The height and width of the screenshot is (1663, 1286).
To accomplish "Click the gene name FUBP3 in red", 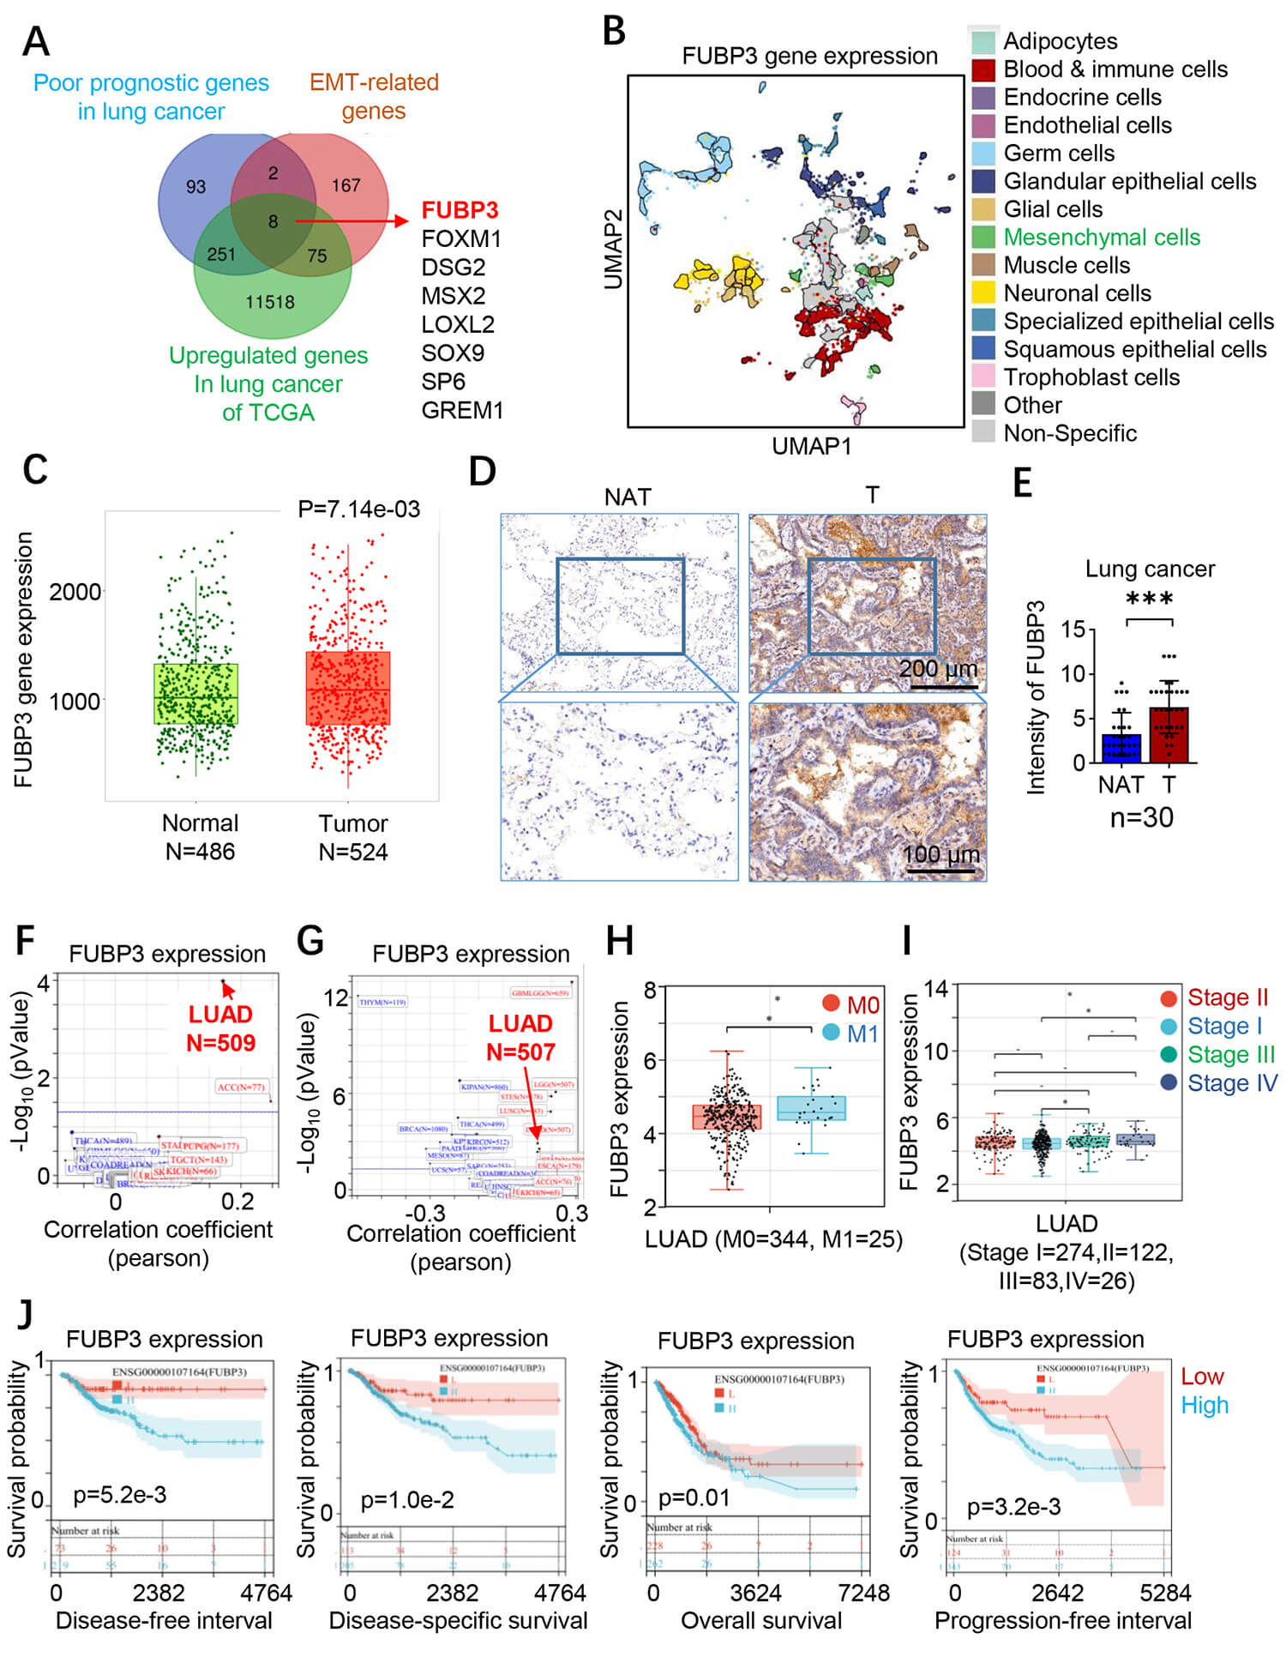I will tap(460, 210).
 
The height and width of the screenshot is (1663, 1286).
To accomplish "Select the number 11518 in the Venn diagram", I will tap(269, 302).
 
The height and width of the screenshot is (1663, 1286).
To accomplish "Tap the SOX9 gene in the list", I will tap(453, 352).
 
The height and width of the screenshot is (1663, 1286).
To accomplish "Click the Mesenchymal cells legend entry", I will tap(1102, 237).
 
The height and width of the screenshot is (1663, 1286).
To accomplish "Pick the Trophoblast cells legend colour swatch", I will tap(983, 377).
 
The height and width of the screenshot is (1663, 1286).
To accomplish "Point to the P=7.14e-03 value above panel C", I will tap(358, 509).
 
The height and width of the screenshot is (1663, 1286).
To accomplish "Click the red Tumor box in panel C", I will tap(348, 688).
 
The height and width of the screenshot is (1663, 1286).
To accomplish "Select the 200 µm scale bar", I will tap(943, 686).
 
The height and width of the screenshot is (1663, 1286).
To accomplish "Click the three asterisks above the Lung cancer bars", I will tap(1149, 599).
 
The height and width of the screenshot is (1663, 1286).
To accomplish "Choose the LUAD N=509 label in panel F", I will tap(220, 1028).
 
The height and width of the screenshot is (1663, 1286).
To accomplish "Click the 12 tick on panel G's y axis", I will tap(337, 997).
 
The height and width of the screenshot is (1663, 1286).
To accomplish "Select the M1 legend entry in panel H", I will tap(862, 1033).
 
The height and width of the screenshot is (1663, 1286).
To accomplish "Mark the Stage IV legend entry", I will tap(1231, 1083).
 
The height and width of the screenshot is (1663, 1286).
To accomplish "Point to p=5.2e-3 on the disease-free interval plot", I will tap(119, 1494).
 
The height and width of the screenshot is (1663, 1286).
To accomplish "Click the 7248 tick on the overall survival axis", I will tap(863, 1593).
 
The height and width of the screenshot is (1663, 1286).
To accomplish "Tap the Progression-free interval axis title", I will tap(1062, 1620).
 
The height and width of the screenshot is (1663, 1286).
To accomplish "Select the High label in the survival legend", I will tap(1205, 1405).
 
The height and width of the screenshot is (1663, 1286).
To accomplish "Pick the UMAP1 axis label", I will tap(811, 446).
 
